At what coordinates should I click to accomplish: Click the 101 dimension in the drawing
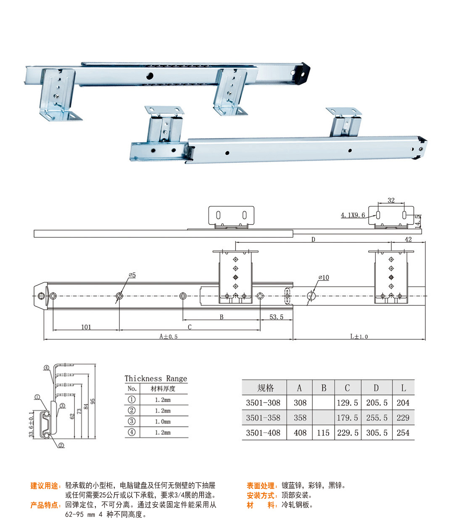click(86, 327)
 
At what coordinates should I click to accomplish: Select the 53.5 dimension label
click(276, 317)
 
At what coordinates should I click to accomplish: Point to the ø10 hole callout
click(324, 278)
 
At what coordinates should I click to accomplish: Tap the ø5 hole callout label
click(132, 275)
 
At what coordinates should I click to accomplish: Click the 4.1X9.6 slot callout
click(353, 215)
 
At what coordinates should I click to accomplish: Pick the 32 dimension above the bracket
click(391, 200)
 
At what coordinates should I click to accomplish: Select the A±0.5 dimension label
click(168, 337)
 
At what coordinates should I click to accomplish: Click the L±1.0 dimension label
click(359, 337)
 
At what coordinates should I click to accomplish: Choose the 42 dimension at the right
click(408, 239)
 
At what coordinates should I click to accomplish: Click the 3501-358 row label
click(263, 418)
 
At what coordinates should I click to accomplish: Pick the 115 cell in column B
click(323, 433)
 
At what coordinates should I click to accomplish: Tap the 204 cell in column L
click(403, 403)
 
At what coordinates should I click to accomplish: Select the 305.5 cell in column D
click(377, 433)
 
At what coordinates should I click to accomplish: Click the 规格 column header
click(265, 388)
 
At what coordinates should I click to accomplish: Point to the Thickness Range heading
click(156, 379)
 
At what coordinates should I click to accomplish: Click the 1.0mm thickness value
click(163, 421)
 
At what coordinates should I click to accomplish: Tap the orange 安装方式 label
click(261, 496)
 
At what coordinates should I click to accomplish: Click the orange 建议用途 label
click(45, 486)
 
